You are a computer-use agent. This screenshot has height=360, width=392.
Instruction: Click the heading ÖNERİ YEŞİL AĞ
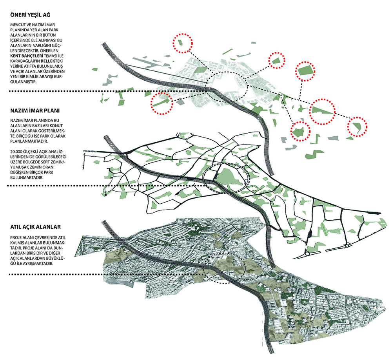[30, 15]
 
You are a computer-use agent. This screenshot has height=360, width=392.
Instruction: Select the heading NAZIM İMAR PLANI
[35, 111]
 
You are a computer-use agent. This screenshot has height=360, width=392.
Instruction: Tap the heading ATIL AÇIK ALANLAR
[35, 227]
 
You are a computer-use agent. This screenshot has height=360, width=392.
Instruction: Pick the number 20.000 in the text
[16, 151]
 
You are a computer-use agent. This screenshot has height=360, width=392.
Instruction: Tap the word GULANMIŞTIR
[24, 82]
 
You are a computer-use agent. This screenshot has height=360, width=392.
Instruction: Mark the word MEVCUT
[18, 25]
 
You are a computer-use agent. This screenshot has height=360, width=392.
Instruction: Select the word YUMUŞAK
[20, 167]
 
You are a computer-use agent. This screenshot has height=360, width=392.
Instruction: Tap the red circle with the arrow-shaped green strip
[162, 103]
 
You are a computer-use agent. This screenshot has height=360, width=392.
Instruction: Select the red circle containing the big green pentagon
[305, 71]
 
